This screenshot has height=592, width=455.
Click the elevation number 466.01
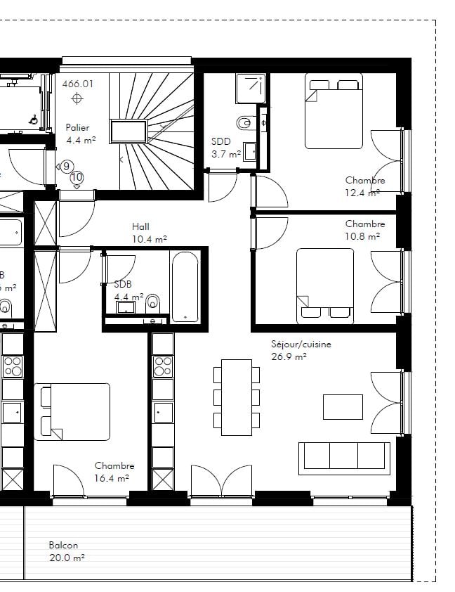pos(78,84)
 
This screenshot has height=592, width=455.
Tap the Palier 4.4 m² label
pos(81,134)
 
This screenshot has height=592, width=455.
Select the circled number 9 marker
pos(66,167)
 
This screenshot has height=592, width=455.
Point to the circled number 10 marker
pos(77,177)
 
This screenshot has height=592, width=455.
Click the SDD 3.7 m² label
pos(226,148)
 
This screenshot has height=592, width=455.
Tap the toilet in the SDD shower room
pos(244,123)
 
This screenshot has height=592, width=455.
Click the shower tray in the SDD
pos(250,88)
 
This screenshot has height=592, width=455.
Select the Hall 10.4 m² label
pos(150,233)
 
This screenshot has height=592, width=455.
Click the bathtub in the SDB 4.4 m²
pos(185,287)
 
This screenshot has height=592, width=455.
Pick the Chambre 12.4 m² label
pos(365,186)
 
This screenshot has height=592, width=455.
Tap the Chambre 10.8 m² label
pos(365,230)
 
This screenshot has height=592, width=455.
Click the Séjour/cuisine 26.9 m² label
pos(301,350)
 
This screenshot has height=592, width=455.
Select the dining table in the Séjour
pos(237,397)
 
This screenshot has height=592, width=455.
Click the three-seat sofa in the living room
pos(344,458)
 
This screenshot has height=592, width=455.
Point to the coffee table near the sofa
pos(343,407)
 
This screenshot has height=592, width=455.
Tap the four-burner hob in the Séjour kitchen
pos(163,366)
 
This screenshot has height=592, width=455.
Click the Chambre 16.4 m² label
pos(114,472)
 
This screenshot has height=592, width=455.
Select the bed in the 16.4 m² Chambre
pos(72,412)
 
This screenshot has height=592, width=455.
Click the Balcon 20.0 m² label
pos(67,551)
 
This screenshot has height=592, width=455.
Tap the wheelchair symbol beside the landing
pos(34,120)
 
